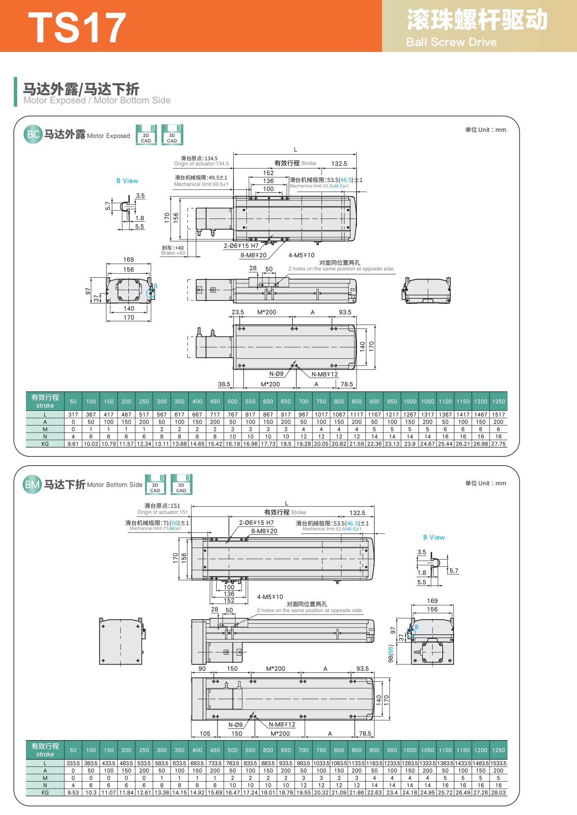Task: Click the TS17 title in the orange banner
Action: [77, 28]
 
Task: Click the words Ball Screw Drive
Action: [451, 42]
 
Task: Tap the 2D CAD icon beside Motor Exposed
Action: [146, 135]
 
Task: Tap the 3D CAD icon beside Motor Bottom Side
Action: [181, 484]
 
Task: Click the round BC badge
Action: [33, 134]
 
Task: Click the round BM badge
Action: [33, 484]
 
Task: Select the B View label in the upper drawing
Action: [127, 181]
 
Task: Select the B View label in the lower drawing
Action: [434, 537]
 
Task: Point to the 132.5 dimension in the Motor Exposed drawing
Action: [339, 164]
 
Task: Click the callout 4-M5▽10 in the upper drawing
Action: [301, 255]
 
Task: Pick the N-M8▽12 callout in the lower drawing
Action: [282, 724]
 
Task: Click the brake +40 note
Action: [173, 250]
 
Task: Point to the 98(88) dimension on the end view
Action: [390, 654]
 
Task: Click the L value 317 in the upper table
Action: [73, 415]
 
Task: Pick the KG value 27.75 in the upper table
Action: [498, 444]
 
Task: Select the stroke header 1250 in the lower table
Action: [498, 750]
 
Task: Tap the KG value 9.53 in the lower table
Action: [73, 792]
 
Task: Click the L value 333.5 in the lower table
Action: [73, 764]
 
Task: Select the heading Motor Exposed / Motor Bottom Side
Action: [97, 100]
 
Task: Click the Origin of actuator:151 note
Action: [163, 512]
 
